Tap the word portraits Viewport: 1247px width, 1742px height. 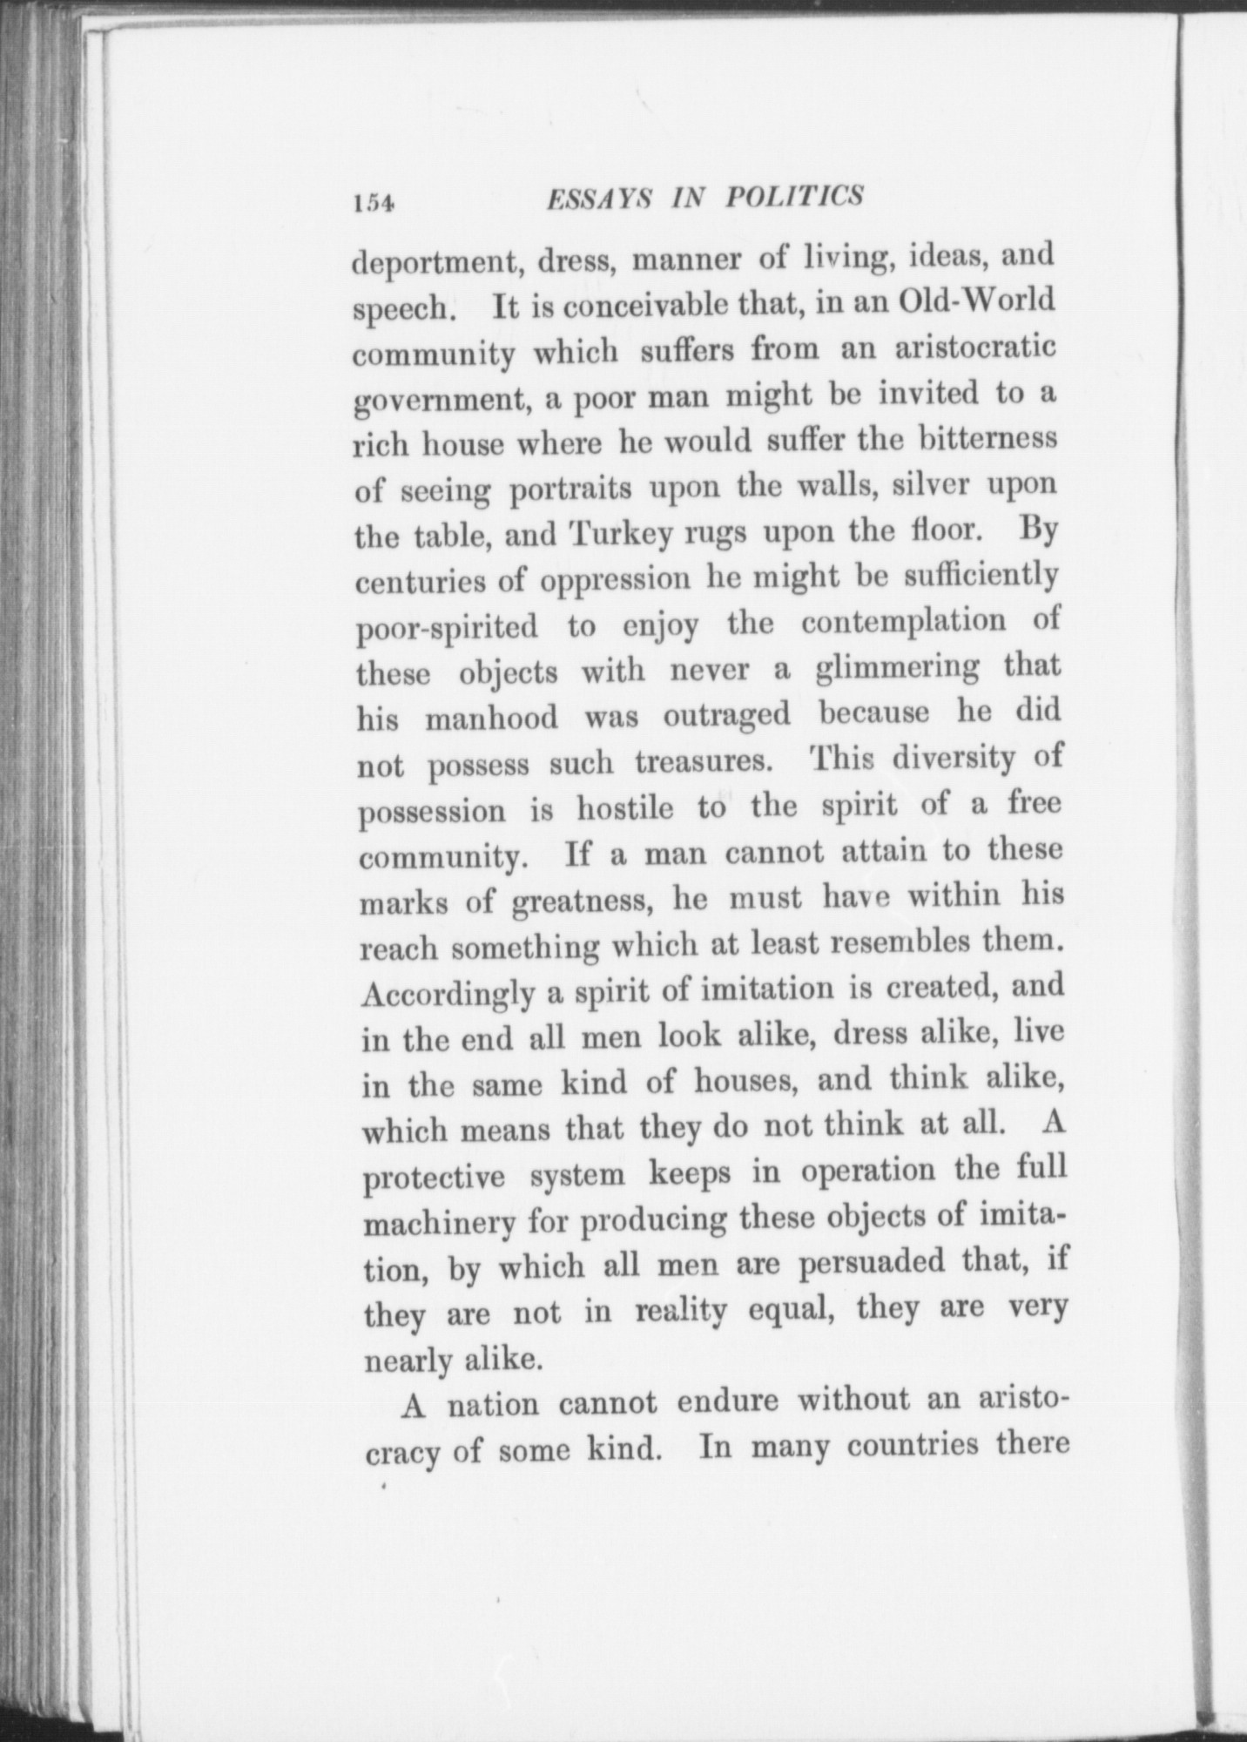tap(570, 489)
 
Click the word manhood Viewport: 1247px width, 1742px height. tap(492, 719)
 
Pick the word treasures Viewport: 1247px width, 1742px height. tap(704, 762)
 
